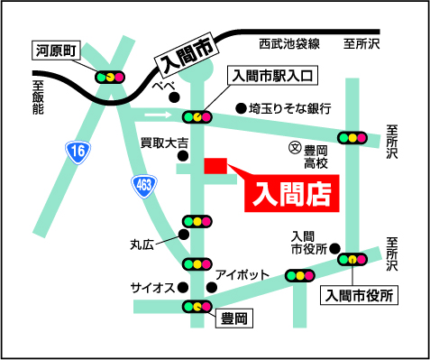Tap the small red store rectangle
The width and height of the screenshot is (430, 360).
[215, 166]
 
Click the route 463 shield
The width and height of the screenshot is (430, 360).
[144, 184]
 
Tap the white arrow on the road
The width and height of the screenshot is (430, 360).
[159, 115]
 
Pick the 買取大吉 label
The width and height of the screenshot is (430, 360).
[163, 143]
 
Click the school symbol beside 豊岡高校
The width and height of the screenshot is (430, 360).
[293, 147]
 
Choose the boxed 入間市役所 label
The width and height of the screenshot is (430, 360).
[360, 294]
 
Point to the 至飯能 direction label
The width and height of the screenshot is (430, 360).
[38, 97]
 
